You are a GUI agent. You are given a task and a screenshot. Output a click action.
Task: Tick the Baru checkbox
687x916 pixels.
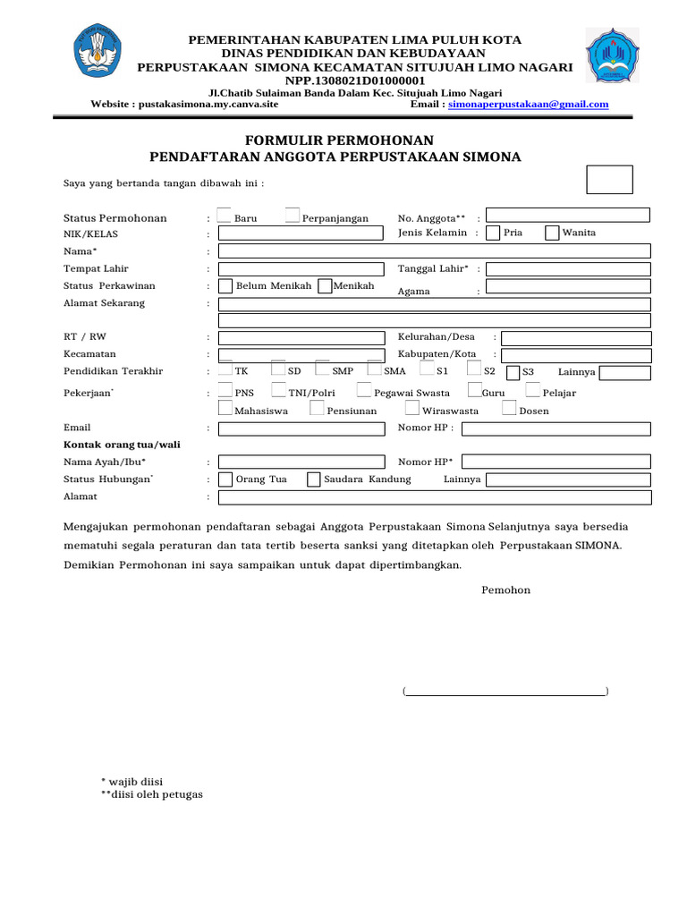(225, 215)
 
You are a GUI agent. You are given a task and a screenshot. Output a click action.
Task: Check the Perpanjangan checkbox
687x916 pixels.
(293, 215)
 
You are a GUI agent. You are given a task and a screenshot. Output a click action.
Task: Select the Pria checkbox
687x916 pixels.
(493, 233)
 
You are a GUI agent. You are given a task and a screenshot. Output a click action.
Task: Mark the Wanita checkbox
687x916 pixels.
(552, 233)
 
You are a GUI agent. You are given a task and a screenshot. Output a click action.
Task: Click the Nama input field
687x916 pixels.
(435, 251)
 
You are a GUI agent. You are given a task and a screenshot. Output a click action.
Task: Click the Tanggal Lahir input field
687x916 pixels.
(568, 268)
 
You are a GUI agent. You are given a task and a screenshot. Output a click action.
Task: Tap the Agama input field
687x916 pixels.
(568, 287)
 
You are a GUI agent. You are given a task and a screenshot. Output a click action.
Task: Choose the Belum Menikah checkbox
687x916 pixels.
(225, 286)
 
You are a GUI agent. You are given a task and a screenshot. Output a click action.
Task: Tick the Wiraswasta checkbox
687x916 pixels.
(411, 408)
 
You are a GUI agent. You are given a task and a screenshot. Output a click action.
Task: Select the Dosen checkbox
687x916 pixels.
(509, 408)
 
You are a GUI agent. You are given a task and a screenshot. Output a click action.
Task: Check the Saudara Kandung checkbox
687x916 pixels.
(314, 479)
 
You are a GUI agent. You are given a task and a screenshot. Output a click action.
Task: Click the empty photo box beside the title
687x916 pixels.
(609, 180)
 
